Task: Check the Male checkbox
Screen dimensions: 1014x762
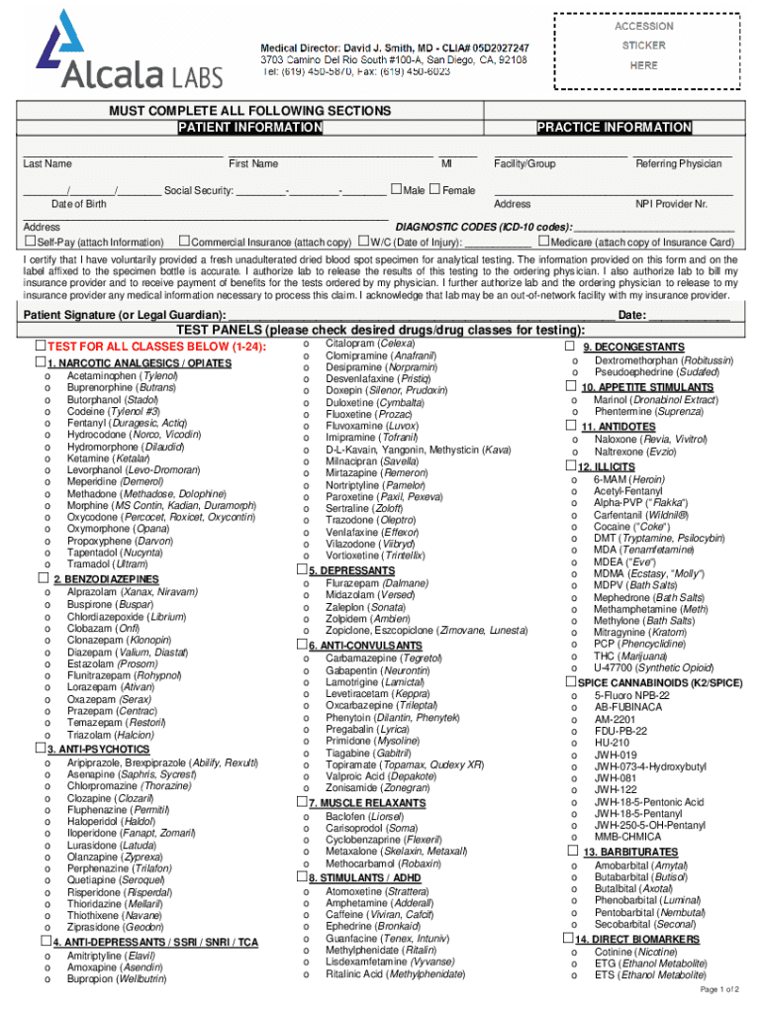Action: pos(397,189)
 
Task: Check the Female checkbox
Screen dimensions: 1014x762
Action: pos(434,189)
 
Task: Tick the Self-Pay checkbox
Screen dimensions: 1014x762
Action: pos(30,242)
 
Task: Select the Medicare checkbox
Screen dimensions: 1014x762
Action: pos(543,241)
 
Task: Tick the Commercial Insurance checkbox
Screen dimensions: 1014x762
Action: pos(184,241)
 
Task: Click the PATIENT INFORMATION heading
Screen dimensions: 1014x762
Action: pos(249,128)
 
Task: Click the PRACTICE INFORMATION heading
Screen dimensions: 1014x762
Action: pos(614,128)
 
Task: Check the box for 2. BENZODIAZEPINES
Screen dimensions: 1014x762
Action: pos(43,577)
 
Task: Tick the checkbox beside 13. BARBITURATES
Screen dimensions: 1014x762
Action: pos(571,851)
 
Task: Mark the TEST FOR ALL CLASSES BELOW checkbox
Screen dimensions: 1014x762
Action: pos(40,346)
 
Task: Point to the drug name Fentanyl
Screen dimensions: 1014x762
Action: pos(87,423)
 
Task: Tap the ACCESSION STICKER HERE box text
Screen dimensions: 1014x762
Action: pos(643,46)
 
